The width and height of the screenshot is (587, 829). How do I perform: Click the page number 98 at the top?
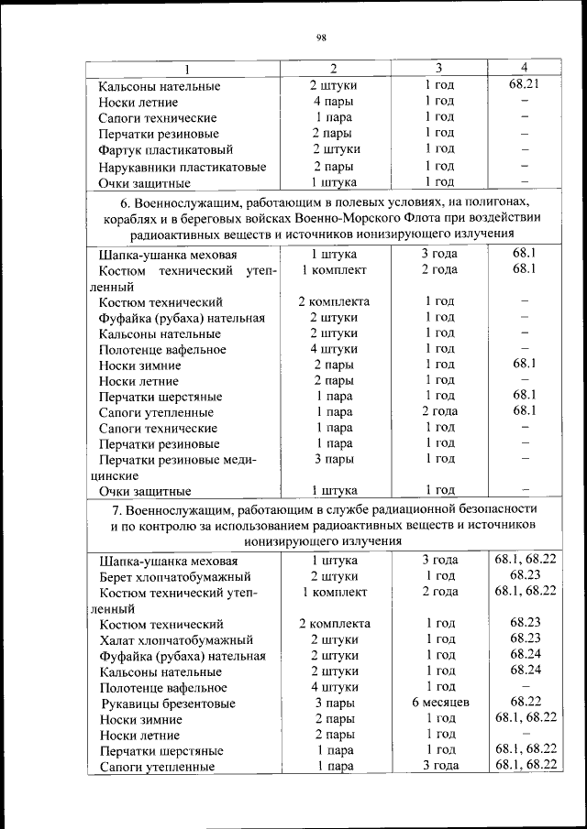pyautogui.click(x=322, y=38)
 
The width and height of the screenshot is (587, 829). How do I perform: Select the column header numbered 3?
pyautogui.click(x=439, y=69)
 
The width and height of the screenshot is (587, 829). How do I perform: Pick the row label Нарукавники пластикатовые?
pyautogui.click(x=183, y=167)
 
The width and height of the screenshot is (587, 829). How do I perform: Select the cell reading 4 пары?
pyautogui.click(x=334, y=102)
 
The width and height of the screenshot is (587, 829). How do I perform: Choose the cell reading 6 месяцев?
pyautogui.click(x=439, y=703)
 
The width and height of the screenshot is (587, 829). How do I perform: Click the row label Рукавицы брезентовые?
pyautogui.click(x=168, y=704)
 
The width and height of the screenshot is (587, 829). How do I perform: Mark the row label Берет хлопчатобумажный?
pyautogui.click(x=175, y=577)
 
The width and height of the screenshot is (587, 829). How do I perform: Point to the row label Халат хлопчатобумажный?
pyautogui.click(x=176, y=640)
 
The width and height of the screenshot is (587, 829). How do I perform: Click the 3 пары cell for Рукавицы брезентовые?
pyautogui.click(x=334, y=703)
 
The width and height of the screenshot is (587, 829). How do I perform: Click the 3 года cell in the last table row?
pyautogui.click(x=439, y=766)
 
